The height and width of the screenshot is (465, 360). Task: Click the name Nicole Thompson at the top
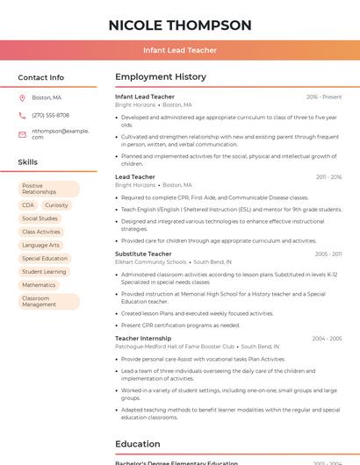point(180,25)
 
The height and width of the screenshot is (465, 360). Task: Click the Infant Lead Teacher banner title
point(180,50)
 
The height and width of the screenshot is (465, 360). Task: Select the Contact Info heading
point(41,77)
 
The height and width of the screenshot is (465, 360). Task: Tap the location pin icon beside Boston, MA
point(22,97)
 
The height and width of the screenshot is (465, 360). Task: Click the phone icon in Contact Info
point(22,115)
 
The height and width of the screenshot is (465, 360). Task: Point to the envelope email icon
point(22,134)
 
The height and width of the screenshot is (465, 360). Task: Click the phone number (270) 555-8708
point(51,115)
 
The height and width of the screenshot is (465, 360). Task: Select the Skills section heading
point(28,162)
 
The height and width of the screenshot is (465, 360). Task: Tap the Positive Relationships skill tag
point(48,189)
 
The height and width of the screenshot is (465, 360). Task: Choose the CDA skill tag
point(28,205)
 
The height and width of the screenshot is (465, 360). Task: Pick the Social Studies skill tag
point(40,218)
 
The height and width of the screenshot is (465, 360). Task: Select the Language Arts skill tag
point(40,245)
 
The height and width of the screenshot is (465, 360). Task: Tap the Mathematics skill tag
point(39,285)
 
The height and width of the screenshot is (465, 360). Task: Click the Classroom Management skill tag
point(48,301)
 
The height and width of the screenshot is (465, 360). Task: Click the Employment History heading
point(161,77)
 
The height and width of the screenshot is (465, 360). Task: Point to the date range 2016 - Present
point(324,97)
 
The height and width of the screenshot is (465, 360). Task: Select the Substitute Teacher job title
point(143,254)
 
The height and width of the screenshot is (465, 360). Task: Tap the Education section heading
point(137,444)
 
